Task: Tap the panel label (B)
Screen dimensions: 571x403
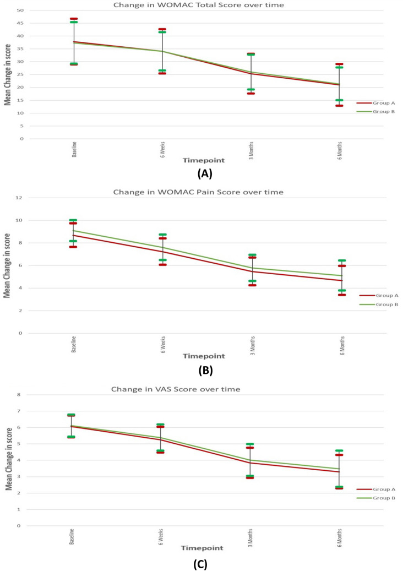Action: pyautogui.click(x=201, y=370)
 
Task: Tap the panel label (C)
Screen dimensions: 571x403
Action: pyautogui.click(x=201, y=564)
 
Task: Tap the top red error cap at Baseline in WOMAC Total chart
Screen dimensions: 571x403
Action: pyautogui.click(x=74, y=19)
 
